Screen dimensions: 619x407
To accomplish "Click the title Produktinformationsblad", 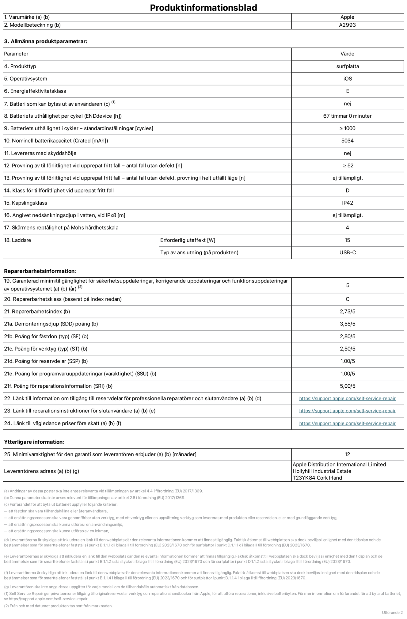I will point(203,8).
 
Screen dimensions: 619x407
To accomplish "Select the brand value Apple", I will point(347,17).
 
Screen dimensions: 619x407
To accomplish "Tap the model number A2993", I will point(347,25).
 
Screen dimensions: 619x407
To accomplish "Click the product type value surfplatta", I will point(347,66).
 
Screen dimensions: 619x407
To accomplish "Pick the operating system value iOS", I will point(347,79).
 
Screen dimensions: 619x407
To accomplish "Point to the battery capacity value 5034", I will point(347,141).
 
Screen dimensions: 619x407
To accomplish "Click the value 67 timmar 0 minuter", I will point(347,116).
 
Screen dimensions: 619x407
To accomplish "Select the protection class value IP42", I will point(347,203).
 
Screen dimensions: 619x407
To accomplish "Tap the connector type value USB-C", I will point(347,253).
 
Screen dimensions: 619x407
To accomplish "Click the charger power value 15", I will point(347,240).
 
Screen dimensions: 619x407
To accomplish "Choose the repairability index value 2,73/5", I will point(347,312).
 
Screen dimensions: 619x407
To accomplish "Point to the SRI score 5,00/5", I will point(347,386).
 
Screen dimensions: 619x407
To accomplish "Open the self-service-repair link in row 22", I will point(347,399).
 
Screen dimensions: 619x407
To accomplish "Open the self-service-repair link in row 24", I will point(347,423).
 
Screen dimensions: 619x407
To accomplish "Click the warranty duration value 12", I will point(347,454).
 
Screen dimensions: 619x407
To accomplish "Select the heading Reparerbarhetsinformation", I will point(40,271).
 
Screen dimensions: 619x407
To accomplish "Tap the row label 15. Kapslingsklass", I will point(26,203).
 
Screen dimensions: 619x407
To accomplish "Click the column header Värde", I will point(347,54).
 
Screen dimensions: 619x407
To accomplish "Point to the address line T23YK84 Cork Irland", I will point(317,478).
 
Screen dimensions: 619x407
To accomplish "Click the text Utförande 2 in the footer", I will point(392,613).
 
